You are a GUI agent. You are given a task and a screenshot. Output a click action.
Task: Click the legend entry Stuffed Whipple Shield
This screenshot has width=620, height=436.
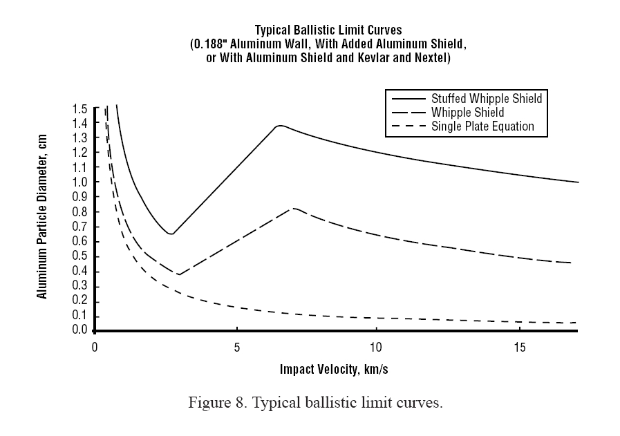(487, 99)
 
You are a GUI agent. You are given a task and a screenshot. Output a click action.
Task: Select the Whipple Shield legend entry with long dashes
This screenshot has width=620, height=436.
(467, 113)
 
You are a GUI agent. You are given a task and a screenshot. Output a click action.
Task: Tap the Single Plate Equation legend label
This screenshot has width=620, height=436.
(482, 126)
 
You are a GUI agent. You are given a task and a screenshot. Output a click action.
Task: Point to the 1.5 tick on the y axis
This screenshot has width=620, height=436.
(79, 109)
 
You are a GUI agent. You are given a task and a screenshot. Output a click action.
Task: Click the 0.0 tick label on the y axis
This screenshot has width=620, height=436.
(79, 331)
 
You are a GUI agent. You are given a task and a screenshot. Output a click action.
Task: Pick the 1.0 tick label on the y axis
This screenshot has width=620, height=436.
(79, 183)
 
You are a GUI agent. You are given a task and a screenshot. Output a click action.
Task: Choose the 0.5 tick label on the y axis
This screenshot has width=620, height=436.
(79, 257)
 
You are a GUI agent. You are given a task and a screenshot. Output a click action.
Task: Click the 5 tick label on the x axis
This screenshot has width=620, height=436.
(236, 346)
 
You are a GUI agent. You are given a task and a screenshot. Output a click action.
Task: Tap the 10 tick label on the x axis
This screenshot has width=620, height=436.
(376, 346)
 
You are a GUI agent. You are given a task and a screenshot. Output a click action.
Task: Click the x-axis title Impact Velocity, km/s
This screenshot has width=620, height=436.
(334, 368)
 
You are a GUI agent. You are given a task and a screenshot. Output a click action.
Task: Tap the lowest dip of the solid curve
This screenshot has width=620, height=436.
(171, 234)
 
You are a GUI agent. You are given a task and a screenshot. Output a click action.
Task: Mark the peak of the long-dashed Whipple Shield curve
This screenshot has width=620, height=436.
(294, 208)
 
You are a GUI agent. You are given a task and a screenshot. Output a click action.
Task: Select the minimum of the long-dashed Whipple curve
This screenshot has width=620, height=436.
(178, 274)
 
